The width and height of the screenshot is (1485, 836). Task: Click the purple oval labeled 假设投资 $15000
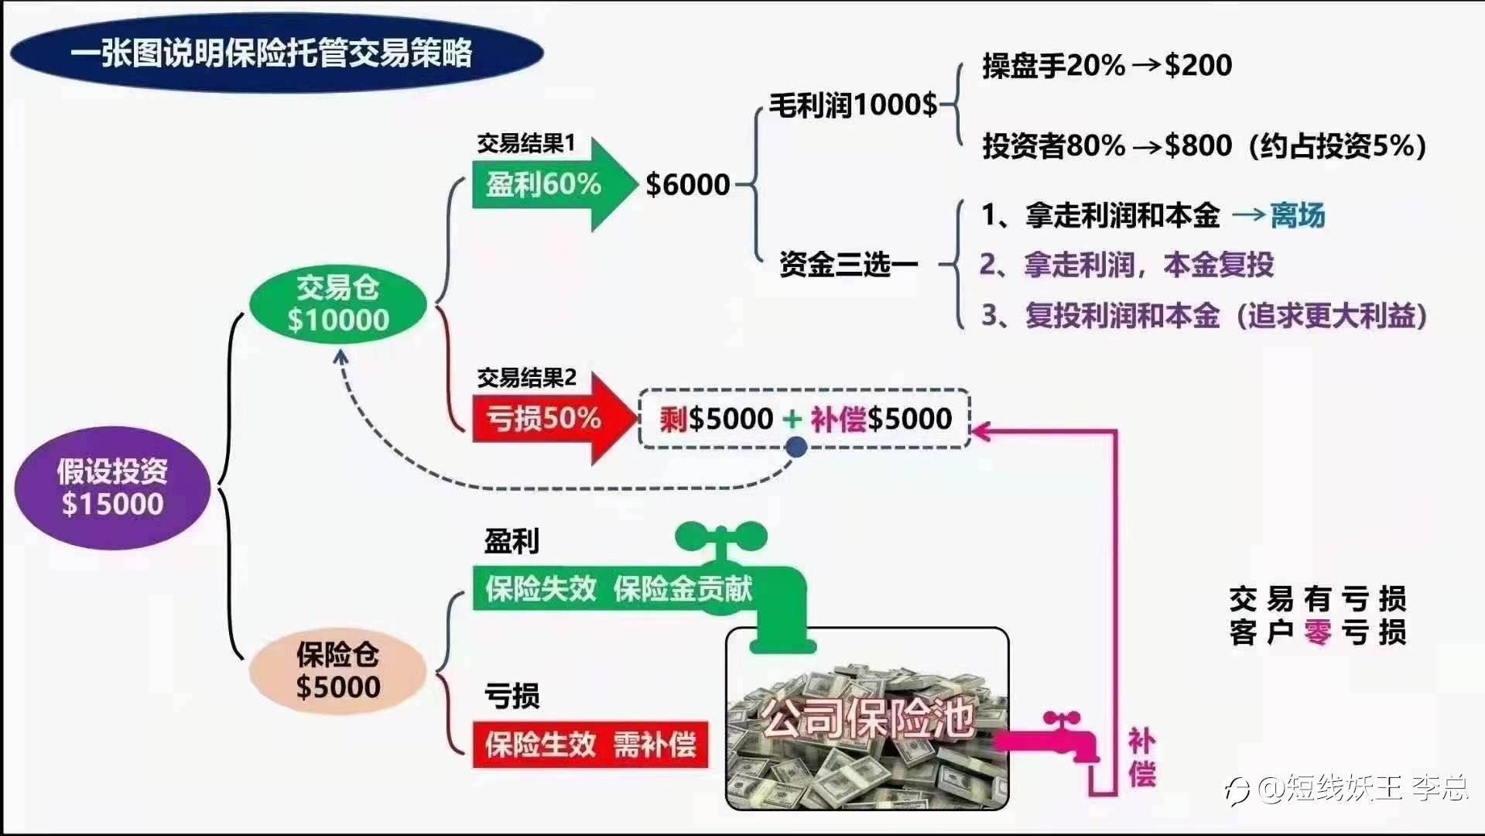tap(112, 488)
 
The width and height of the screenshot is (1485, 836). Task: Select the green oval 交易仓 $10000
tap(338, 303)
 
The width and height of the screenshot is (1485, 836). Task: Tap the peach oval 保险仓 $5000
tap(338, 670)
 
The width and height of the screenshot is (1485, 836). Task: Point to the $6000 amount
tap(688, 184)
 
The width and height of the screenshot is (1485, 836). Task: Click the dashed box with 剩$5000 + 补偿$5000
tap(805, 419)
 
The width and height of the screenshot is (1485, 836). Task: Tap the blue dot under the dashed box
tap(796, 447)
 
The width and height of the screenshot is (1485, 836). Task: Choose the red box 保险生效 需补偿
tap(590, 745)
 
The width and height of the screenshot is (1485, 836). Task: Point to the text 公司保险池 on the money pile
tap(867, 718)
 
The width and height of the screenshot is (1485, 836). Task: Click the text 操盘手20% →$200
tap(1107, 66)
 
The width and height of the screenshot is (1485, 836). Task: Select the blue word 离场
tap(1298, 215)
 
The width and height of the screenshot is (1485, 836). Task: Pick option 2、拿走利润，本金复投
tap(1126, 265)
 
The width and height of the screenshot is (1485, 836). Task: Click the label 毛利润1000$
tap(853, 104)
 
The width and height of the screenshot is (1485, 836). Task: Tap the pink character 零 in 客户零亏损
tap(1317, 632)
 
